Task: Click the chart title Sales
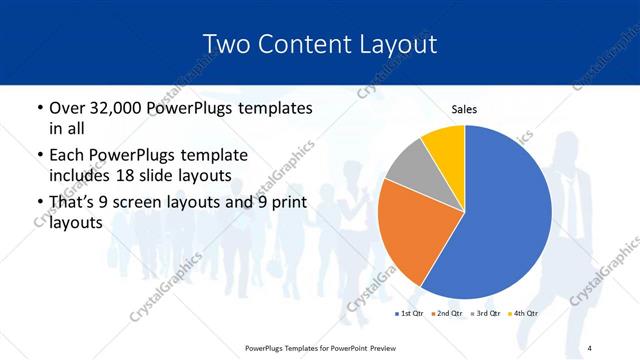coord(465,109)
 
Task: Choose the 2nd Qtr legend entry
coord(448,313)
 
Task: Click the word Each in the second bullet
coord(68,156)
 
